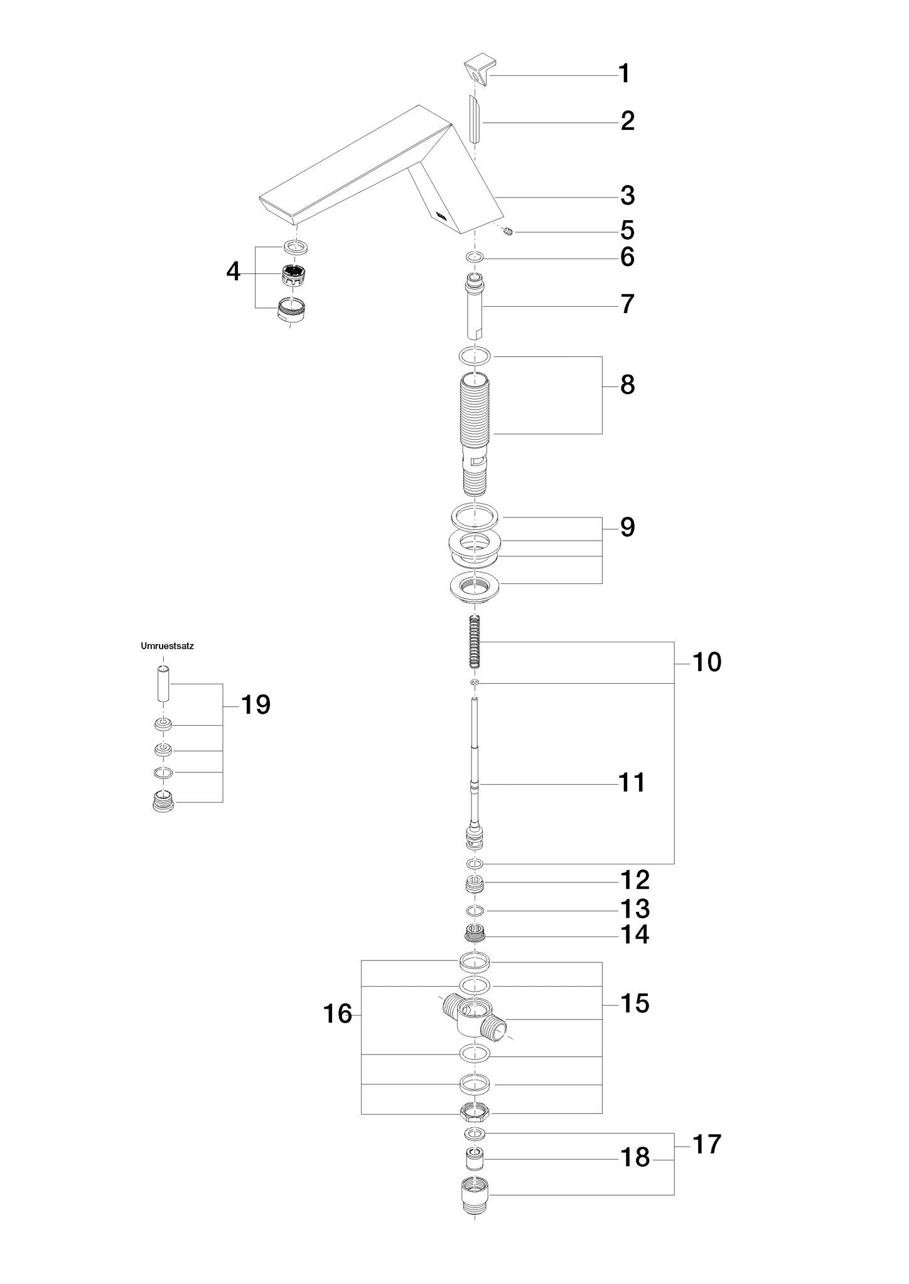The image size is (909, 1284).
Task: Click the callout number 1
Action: [x=624, y=74]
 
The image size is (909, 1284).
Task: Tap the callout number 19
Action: [x=256, y=705]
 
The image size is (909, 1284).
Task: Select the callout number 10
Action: [x=707, y=662]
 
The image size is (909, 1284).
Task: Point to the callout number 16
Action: [x=338, y=1014]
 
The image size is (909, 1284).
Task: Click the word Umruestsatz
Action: [x=167, y=646]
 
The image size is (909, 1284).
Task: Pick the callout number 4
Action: [x=234, y=272]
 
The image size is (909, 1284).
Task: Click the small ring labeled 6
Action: [x=475, y=257]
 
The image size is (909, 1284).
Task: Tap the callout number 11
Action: [x=632, y=783]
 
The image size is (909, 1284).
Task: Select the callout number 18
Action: [x=635, y=1158]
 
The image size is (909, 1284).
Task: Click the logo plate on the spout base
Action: [x=439, y=216]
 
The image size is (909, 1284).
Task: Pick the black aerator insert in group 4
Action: [x=293, y=275]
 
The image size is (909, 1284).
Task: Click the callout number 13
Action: [x=635, y=909]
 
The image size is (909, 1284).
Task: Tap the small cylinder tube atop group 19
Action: [x=163, y=685]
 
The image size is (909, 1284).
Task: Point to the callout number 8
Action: [x=627, y=385]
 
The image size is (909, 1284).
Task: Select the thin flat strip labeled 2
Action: [x=475, y=119]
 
